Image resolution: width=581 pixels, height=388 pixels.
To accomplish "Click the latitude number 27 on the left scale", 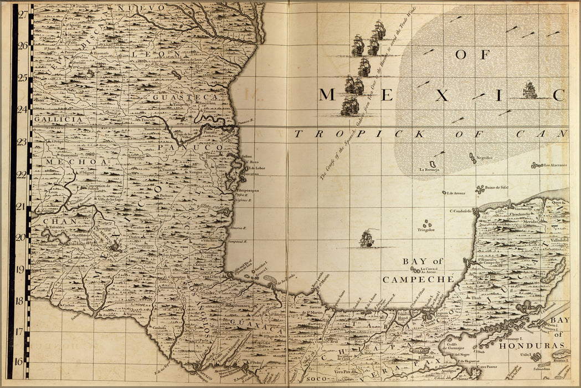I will [x=23, y=15].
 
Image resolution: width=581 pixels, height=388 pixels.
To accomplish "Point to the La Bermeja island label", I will [x=429, y=170].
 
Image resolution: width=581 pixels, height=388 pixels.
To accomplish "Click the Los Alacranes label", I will [x=554, y=165].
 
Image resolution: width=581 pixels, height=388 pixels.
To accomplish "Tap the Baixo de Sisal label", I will [x=496, y=188].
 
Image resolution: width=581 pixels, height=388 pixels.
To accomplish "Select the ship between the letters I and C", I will [x=530, y=90].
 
